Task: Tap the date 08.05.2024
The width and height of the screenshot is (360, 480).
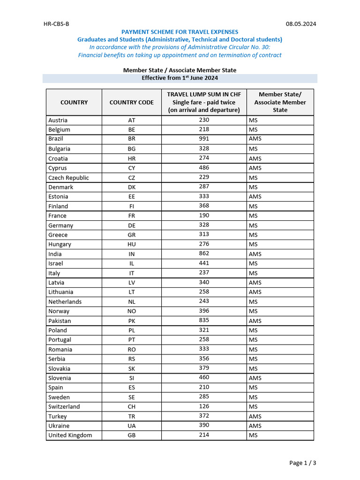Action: [301, 24]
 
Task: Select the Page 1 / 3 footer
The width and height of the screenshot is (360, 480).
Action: [302, 463]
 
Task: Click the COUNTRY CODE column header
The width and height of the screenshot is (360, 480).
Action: [132, 102]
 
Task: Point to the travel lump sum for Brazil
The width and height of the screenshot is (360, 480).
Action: [204, 139]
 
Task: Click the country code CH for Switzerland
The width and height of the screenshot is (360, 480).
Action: [132, 406]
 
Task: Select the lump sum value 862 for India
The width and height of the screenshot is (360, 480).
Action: [204, 254]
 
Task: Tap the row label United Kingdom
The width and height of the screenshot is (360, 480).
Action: [70, 435]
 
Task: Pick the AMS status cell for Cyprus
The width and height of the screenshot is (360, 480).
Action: [255, 168]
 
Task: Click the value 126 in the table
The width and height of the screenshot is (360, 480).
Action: [204, 406]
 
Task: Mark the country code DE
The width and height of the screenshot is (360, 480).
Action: [132, 225]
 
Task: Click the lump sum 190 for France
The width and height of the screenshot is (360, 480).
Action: [204, 216]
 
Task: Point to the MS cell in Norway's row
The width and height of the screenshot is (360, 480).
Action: [253, 311]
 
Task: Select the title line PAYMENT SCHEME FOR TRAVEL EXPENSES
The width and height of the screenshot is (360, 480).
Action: [180, 32]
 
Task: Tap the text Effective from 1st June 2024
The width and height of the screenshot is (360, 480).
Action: [180, 78]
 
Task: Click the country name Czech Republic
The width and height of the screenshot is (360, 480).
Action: [68, 178]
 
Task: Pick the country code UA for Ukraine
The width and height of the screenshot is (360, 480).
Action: [132, 426]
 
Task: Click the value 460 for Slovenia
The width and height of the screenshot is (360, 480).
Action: [204, 377]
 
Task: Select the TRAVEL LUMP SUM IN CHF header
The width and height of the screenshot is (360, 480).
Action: [204, 94]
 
